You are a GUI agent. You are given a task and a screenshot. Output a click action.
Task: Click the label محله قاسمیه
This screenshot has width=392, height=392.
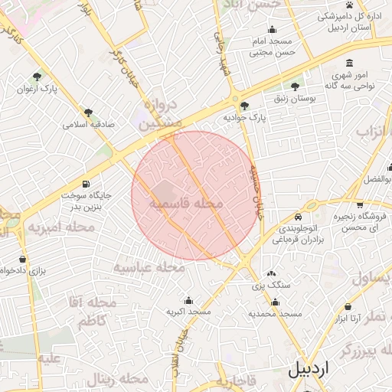coord(185,204)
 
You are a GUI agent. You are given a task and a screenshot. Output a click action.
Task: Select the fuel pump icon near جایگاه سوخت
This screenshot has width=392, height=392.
coord(85,185)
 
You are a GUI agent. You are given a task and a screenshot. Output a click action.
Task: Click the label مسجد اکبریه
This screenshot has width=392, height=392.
coord(188,312)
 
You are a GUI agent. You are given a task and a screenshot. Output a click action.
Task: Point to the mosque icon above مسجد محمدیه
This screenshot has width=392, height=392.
coord(275,301)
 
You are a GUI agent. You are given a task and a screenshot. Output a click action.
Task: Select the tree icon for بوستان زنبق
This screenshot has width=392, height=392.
coord(295,87)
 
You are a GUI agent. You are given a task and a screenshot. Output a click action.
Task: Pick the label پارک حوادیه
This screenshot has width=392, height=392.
coord(243,119)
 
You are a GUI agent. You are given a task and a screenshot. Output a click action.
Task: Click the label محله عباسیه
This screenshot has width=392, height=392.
coord(150,267)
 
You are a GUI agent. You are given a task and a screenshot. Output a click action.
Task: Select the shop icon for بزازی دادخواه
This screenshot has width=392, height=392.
coord(22,260)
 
